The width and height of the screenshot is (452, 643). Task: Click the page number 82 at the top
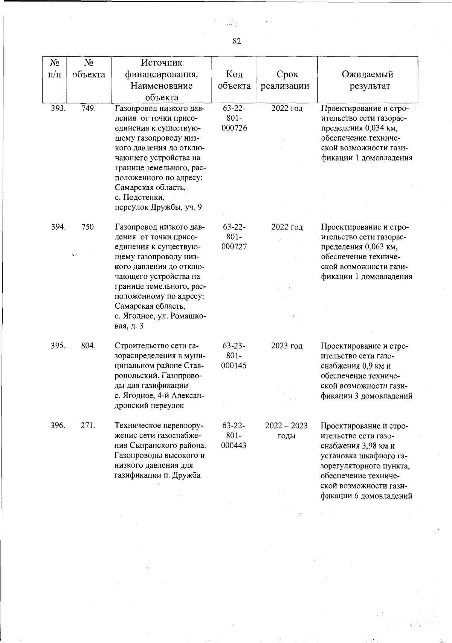(237, 41)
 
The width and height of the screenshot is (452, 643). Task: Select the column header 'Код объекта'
(234, 80)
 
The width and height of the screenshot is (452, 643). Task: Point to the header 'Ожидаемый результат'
(367, 80)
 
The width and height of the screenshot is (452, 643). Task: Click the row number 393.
(58, 109)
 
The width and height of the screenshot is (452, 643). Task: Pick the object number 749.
(89, 109)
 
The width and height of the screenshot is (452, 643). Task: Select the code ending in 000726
(234, 128)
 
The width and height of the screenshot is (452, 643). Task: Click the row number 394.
(58, 227)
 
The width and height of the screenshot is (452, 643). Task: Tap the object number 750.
(89, 227)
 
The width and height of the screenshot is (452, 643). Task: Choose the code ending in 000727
(234, 247)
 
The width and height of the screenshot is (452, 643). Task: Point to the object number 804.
(89, 346)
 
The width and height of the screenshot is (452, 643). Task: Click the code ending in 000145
(234, 366)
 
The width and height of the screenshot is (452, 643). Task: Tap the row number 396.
(58, 426)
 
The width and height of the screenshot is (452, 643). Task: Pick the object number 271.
(89, 426)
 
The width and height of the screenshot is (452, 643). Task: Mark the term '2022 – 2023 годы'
(286, 431)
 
